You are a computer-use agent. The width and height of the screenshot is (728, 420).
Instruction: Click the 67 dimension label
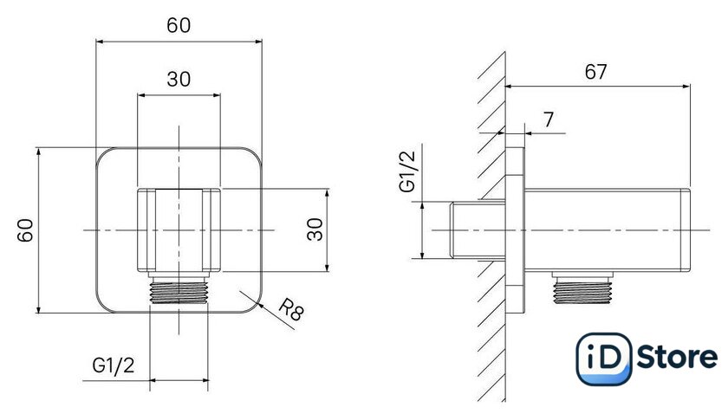click(x=595, y=72)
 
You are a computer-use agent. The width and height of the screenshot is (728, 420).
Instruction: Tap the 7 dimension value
click(x=549, y=120)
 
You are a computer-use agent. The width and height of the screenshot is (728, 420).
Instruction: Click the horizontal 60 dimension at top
click(x=179, y=25)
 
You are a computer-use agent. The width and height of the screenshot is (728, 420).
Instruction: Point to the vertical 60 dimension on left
click(x=25, y=230)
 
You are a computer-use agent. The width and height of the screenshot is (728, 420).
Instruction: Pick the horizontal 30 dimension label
click(x=179, y=79)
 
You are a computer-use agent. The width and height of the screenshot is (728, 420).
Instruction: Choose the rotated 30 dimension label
click(x=315, y=229)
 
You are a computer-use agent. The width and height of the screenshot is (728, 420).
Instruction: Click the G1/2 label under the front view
click(x=114, y=365)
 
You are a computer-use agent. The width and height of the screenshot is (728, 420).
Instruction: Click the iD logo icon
click(x=603, y=359)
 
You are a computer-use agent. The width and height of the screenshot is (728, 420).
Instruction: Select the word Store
click(x=677, y=358)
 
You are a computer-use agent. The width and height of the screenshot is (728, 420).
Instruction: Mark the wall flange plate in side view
click(x=516, y=230)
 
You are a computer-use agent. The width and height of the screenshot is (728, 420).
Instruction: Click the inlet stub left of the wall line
click(x=478, y=229)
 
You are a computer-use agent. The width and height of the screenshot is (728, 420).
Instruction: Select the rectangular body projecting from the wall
click(x=608, y=230)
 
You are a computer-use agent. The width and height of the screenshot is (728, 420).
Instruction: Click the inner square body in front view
click(x=179, y=230)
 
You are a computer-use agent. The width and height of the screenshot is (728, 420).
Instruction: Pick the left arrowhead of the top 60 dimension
click(x=101, y=42)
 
